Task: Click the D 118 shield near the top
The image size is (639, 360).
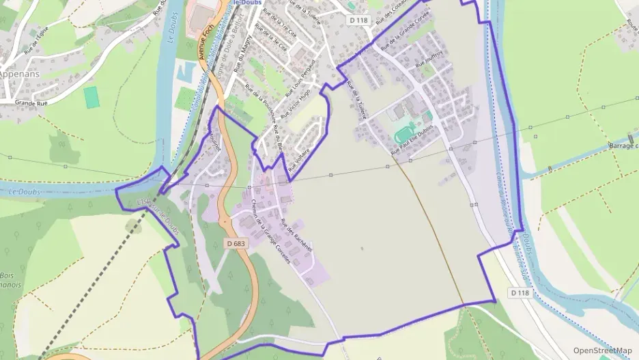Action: point(358,20)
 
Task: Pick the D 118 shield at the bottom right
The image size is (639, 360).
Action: point(520,292)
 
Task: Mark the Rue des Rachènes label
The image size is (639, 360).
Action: point(297,235)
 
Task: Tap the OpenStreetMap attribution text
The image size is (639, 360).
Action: point(602,350)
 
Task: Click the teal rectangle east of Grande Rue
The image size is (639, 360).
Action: point(91,97)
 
